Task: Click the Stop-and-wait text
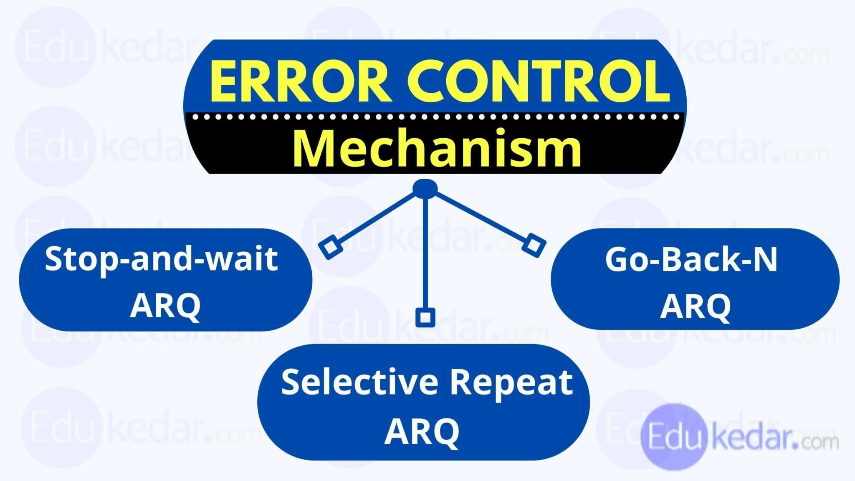click(162, 259)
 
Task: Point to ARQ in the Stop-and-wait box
click(165, 306)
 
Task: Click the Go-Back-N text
click(691, 260)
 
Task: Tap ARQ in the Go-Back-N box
click(696, 306)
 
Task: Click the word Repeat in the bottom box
click(511, 382)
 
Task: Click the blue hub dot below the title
click(425, 189)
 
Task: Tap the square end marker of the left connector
click(330, 247)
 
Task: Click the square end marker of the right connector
click(534, 245)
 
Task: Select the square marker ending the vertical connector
click(425, 317)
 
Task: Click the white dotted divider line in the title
click(434, 118)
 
